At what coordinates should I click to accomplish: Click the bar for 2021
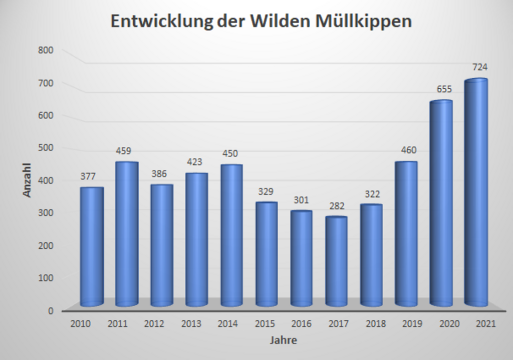pyautogui.click(x=475, y=193)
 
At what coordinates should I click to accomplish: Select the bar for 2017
pyautogui.click(x=336, y=261)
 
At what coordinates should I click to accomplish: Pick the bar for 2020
pyautogui.click(x=441, y=203)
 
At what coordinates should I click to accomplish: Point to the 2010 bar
pyautogui.click(x=92, y=246)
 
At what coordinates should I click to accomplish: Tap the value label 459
pyautogui.click(x=123, y=150)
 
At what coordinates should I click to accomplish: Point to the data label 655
pyautogui.click(x=444, y=89)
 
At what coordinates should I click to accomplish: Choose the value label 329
pyautogui.click(x=266, y=191)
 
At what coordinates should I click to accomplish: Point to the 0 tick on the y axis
pyautogui.click(x=51, y=310)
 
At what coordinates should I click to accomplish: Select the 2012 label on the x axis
pyautogui.click(x=154, y=324)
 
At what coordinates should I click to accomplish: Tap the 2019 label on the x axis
pyautogui.click(x=413, y=324)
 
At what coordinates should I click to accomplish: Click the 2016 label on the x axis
pyautogui.click(x=302, y=324)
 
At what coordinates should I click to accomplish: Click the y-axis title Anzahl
pyautogui.click(x=27, y=179)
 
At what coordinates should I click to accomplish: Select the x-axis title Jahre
pyautogui.click(x=284, y=340)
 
